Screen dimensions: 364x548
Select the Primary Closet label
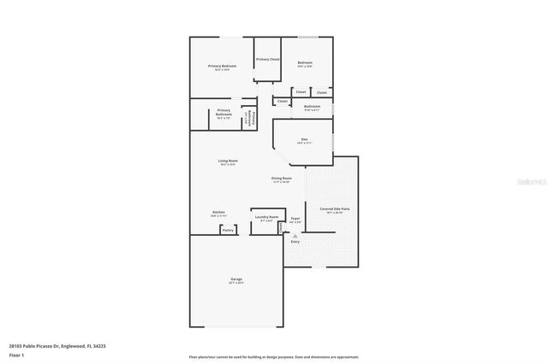[x=267, y=59]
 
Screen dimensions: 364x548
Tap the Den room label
[x=303, y=140]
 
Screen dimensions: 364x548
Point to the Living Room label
[x=228, y=161]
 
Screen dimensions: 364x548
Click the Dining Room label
[x=282, y=179]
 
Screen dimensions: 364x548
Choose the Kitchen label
[x=219, y=213]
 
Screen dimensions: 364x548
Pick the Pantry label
[x=228, y=230]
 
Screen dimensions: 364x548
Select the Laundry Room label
[x=266, y=217]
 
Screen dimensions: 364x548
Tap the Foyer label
[x=295, y=218]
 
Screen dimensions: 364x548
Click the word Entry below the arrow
[x=295, y=242]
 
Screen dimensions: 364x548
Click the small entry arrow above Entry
[x=295, y=235]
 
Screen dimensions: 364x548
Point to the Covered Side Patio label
[x=334, y=208]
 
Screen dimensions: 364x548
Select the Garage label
[x=235, y=279]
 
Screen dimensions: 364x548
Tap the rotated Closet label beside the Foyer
[x=281, y=227]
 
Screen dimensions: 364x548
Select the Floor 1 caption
[x=16, y=354]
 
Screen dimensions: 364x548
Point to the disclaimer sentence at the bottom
[x=274, y=356]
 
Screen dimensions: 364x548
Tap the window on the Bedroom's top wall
[x=309, y=37]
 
